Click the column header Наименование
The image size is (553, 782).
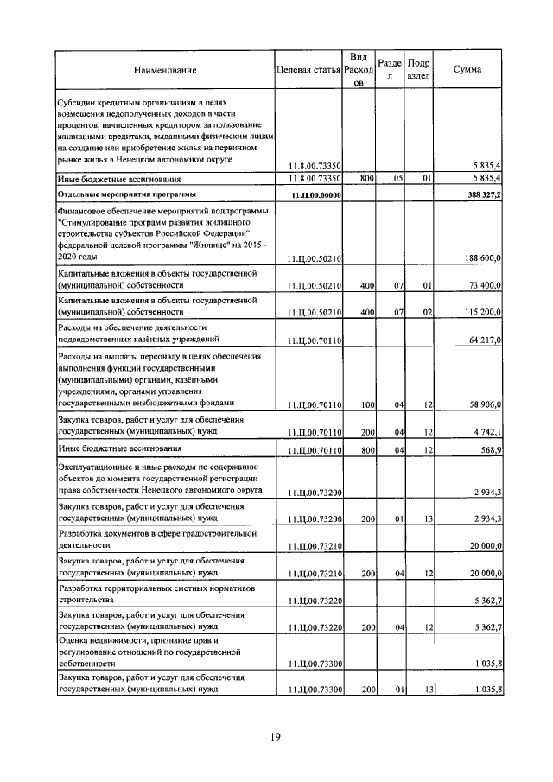[x=165, y=70]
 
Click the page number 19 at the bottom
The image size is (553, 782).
[x=276, y=737]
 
